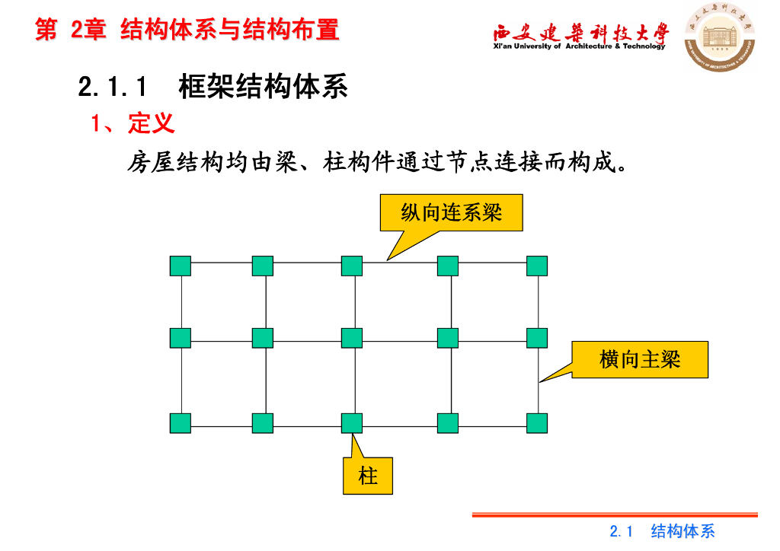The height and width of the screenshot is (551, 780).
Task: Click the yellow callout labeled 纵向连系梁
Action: pos(452,212)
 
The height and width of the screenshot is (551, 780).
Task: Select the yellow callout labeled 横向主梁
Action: pos(640,360)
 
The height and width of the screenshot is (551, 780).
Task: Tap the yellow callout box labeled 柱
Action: pos(368,476)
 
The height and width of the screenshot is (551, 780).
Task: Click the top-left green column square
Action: pos(181,266)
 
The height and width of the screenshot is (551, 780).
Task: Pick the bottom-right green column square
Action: pos(537,423)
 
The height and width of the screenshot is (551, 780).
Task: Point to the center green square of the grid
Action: pos(352,337)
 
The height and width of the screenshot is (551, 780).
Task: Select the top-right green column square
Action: pos(537,266)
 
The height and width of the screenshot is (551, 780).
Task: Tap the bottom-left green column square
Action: pos(181,423)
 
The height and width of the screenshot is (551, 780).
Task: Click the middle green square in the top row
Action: pos(352,266)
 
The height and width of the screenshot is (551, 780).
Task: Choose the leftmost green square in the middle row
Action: pos(181,337)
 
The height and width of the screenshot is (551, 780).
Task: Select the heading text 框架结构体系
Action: pos(263,87)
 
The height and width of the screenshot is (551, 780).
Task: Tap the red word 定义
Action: pos(152,123)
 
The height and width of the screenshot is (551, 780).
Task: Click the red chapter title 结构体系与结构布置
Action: pos(230,30)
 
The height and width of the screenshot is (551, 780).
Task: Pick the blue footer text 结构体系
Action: pos(683,531)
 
